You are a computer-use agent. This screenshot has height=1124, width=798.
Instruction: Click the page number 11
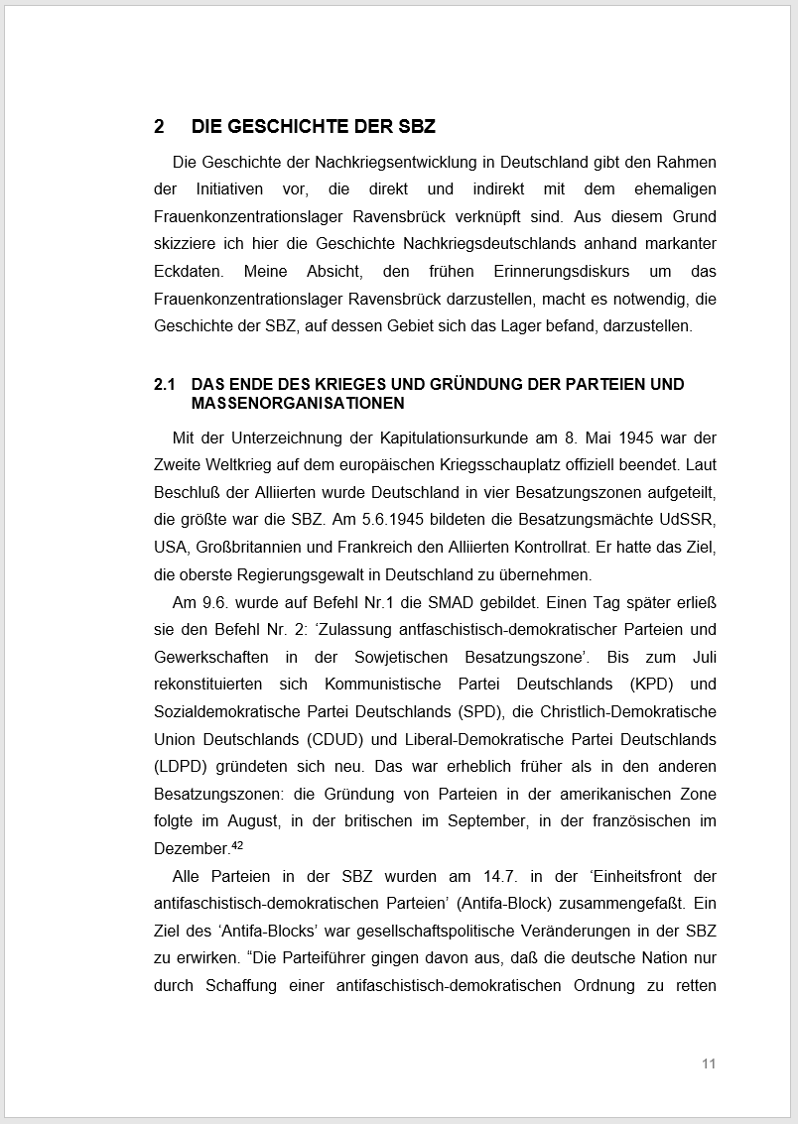pyautogui.click(x=709, y=1063)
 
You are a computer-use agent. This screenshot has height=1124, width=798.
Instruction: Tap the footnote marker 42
pyautogui.click(x=237, y=845)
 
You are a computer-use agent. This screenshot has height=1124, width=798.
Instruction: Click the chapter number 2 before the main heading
pyautogui.click(x=159, y=127)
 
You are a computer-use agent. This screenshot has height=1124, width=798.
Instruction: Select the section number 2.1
pyautogui.click(x=165, y=384)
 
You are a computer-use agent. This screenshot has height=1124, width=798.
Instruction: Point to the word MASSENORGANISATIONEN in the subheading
pyautogui.click(x=298, y=403)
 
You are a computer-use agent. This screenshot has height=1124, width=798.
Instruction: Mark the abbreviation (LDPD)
pyautogui.click(x=183, y=767)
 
